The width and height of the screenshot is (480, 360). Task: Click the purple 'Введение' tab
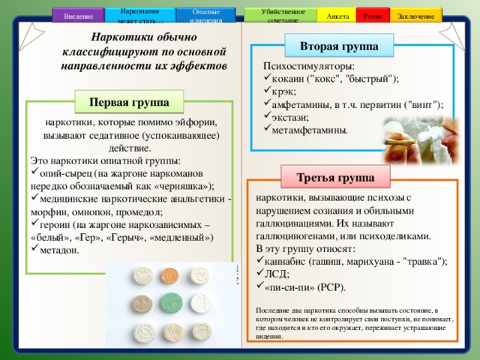click(79, 14)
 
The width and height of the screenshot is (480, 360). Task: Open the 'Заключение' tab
click(415, 15)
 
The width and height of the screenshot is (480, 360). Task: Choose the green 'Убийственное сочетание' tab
click(282, 14)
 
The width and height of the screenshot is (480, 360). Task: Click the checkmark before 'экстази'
click(259, 117)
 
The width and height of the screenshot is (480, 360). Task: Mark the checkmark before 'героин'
click(34, 223)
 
